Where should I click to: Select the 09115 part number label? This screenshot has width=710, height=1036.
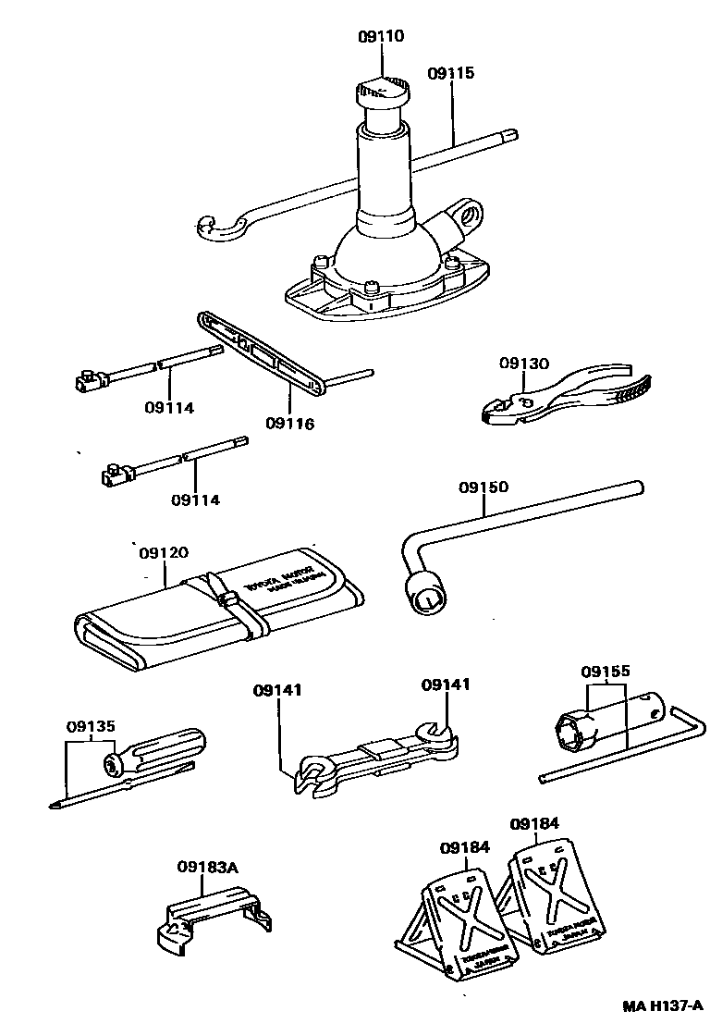pyautogui.click(x=451, y=72)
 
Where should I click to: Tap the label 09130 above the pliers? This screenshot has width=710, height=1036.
pyautogui.click(x=523, y=364)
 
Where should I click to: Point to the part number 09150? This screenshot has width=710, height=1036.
pyautogui.click(x=483, y=487)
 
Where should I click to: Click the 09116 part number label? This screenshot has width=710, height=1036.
pyautogui.click(x=289, y=424)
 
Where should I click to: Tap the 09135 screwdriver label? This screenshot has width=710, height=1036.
pyautogui.click(x=91, y=726)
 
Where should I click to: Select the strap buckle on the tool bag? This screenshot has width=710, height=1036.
pyautogui.click(x=225, y=600)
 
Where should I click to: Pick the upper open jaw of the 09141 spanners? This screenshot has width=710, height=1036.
pyautogui.click(x=434, y=735)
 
